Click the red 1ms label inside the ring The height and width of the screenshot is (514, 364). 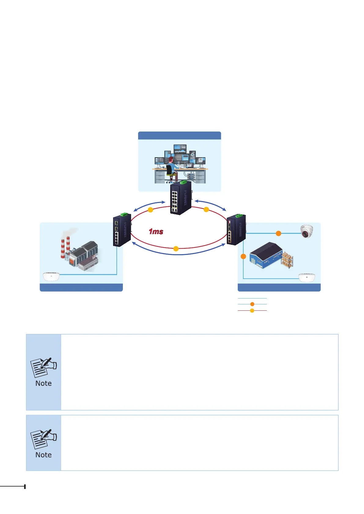tap(156, 232)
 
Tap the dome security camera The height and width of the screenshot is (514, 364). tap(307, 231)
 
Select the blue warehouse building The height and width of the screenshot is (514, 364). tap(266, 255)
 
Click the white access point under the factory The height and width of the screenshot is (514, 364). tap(51, 276)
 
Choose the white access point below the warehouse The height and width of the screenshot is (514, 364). tap(307, 278)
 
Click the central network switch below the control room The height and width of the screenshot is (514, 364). tap(181, 198)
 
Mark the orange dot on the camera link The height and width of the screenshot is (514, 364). tap(278, 233)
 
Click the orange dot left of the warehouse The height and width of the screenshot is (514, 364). tap(243, 256)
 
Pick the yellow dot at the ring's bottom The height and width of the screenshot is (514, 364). tap(176, 249)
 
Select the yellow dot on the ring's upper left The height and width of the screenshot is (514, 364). tap(150, 210)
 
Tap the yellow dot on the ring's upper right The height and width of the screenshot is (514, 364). tap(206, 209)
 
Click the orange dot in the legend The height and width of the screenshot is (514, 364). tap(252, 304)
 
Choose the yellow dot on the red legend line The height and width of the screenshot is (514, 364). tap(252, 311)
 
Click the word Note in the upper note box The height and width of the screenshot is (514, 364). tap(43, 383)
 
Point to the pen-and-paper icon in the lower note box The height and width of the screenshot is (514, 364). tap(43, 439)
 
